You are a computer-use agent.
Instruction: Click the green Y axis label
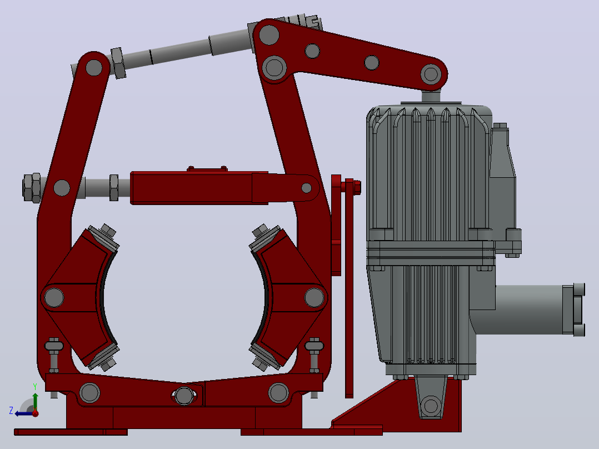pyautogui.click(x=35, y=387)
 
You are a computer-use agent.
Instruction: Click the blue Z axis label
pyautogui.click(x=11, y=411)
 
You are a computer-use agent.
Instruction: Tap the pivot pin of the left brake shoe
pyautogui.click(x=54, y=297)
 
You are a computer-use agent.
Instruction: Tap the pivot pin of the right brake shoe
pyautogui.click(x=314, y=297)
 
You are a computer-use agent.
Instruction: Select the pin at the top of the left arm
pyautogui.click(x=94, y=68)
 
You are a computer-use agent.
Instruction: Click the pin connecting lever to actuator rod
pyautogui.click(x=431, y=74)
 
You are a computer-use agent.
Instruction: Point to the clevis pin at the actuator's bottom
pyautogui.click(x=431, y=405)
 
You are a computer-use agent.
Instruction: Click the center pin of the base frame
pyautogui.click(x=184, y=396)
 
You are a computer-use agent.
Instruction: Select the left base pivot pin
pyautogui.click(x=90, y=392)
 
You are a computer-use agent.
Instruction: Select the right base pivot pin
pyautogui.click(x=278, y=392)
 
